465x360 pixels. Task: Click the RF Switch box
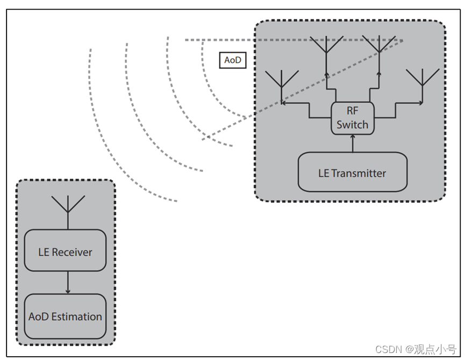click(352, 118)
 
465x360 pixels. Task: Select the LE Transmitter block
click(352, 172)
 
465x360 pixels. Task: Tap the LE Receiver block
click(65, 251)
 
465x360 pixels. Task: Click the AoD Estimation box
click(65, 316)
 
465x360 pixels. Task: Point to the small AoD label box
click(232, 60)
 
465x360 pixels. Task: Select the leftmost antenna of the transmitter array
click(281, 82)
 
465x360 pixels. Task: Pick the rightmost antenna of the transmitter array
click(423, 80)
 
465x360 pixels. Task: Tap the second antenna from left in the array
click(326, 46)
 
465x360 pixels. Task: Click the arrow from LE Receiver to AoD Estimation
click(68, 283)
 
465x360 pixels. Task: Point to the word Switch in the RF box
click(353, 125)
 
